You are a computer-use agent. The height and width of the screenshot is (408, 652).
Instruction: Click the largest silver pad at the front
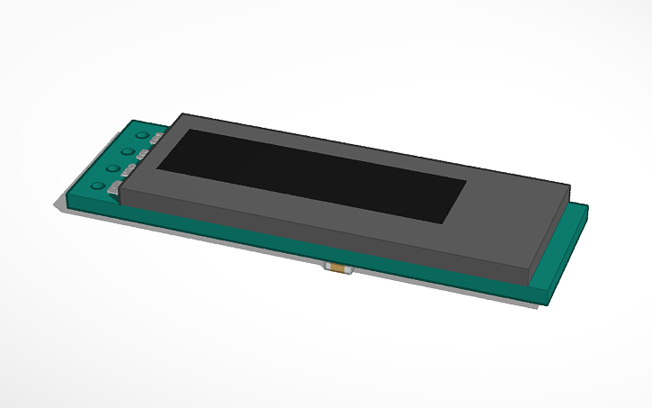(114, 189)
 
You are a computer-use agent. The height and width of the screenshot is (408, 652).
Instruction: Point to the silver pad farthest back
(156, 139)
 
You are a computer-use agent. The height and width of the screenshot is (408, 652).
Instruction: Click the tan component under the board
(338, 268)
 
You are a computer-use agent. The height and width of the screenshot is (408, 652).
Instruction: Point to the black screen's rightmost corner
(466, 181)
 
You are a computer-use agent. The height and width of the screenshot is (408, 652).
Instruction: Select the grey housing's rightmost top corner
(571, 186)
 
